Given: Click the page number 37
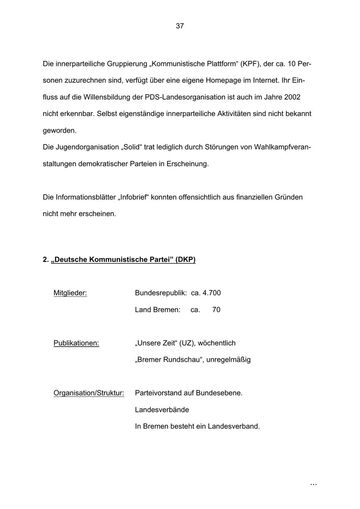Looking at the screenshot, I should [180, 26].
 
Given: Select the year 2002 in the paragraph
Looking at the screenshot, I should [292, 97].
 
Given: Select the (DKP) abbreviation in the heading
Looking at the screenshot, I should [185, 260].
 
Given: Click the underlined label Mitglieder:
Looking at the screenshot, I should [70, 293].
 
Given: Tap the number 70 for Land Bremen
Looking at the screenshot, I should [216, 310].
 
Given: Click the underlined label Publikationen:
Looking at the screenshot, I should [76, 343].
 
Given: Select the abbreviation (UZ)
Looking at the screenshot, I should [187, 343].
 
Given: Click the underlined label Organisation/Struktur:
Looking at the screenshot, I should [89, 393].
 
